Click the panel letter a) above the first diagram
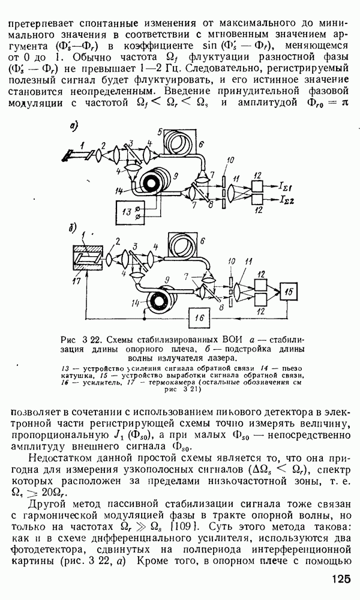pyautogui.click(x=74, y=127)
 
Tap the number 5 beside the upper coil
pyautogui.click(x=160, y=132)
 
